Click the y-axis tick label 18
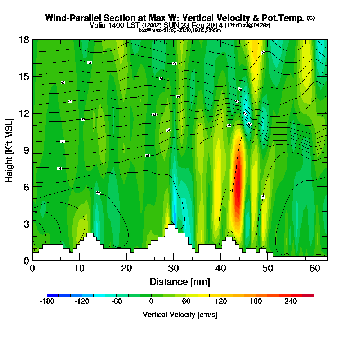pos(24,40)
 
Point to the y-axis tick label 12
pos(24,113)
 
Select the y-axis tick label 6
pos(26,187)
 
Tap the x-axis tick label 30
pos(174,269)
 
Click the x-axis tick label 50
pos(268,269)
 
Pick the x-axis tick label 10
pos(80,269)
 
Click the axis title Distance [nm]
pos(179,282)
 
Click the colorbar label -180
pos(46,301)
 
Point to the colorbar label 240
pos(291,301)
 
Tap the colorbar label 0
pos(151,301)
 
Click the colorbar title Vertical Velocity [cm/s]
pos(180,315)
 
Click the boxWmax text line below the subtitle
pos(180,30)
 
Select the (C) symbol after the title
pos(311,18)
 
